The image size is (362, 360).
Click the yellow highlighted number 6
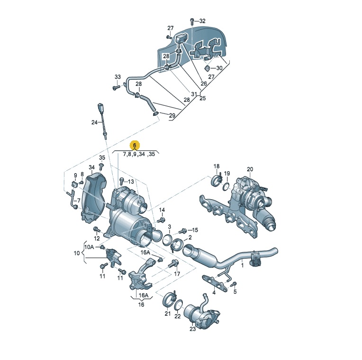click(x=135, y=145)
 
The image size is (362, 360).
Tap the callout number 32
click(x=202, y=21)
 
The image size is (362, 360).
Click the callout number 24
click(x=94, y=122)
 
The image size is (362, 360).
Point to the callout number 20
click(x=250, y=169)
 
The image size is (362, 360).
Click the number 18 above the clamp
click(x=217, y=166)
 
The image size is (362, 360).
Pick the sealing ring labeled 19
click(x=226, y=187)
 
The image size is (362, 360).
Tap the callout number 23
click(x=192, y=329)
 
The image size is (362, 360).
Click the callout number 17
click(x=177, y=274)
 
